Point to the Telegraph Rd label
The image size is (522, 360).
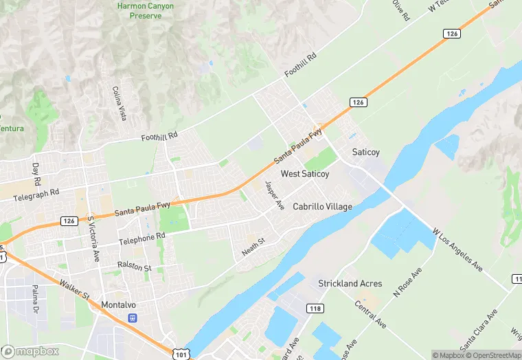tap(36, 195)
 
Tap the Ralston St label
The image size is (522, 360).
tap(133, 266)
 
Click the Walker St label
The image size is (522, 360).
tap(74, 291)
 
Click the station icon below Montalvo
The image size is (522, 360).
tap(133, 318)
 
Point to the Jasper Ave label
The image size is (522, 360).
tap(274, 196)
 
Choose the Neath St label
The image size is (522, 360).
tap(253, 247)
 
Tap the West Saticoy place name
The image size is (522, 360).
tap(305, 175)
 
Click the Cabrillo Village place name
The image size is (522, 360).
tap(322, 207)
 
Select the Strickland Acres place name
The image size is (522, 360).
tap(350, 283)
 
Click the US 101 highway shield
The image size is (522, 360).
tap(181, 353)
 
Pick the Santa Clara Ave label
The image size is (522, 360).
tap(479, 333)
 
